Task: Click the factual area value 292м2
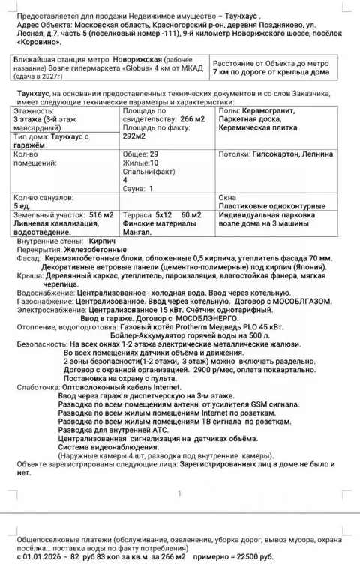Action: click(136, 138)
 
